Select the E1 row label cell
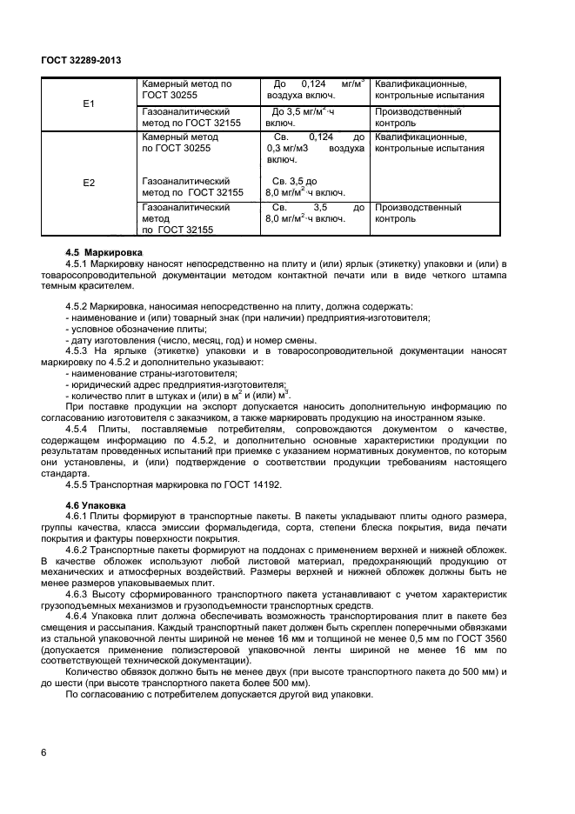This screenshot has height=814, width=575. point(88,103)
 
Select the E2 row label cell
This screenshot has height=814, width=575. point(88,183)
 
